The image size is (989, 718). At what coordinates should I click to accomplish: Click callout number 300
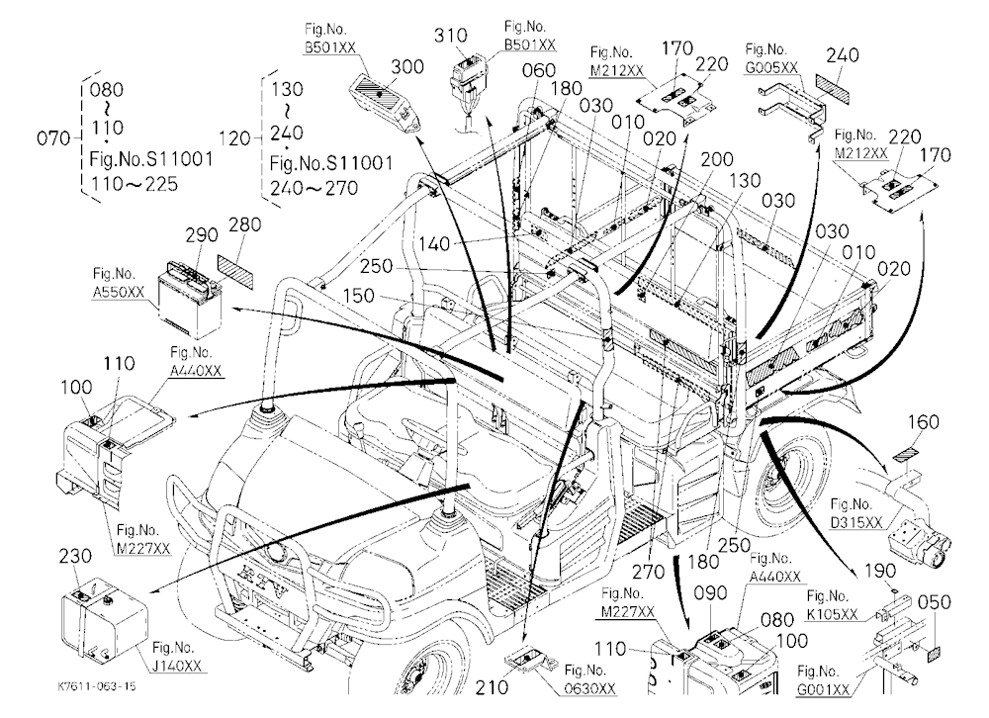pos(407,66)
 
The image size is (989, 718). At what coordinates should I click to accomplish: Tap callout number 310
pos(450,36)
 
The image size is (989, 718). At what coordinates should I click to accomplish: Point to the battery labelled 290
pos(188,300)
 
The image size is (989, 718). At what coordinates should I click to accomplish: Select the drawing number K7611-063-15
pos(96,686)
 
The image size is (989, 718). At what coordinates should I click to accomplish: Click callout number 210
pos(492,686)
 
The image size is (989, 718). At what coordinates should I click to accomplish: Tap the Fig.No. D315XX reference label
pos(855,513)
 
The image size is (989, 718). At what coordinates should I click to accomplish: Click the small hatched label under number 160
pos(906,455)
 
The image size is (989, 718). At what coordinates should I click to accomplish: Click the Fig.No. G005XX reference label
pos(770,58)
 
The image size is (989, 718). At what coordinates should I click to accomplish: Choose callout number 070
pos(53,137)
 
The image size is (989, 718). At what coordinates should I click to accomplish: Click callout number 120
pos(235,137)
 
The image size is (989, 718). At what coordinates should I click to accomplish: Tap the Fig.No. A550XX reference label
pos(118,283)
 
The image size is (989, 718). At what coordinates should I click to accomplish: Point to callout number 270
pos(649,572)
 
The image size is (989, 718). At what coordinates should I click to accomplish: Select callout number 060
pos(539,70)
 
